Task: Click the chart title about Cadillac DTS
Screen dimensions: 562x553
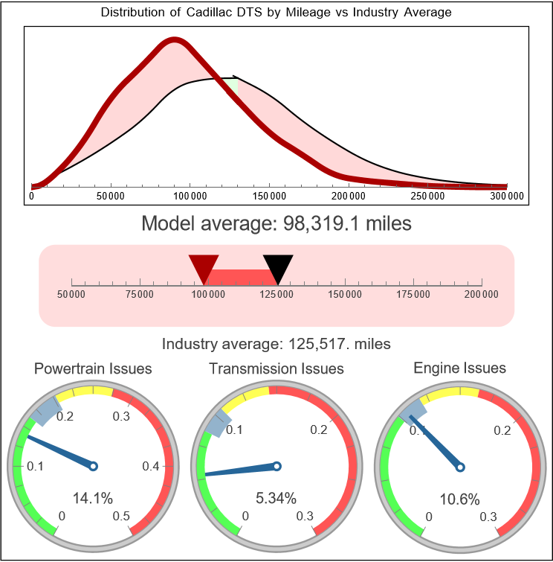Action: tap(276, 13)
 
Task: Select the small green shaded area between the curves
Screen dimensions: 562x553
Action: tap(233, 84)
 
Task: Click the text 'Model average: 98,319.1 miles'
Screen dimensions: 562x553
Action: tap(276, 223)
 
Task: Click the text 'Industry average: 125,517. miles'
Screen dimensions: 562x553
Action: tap(276, 344)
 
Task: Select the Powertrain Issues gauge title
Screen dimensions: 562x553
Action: tap(93, 368)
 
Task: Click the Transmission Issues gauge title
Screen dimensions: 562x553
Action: tap(276, 368)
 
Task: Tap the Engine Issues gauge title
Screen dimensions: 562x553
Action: tap(459, 368)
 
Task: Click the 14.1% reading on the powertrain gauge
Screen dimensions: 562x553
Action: tap(92, 498)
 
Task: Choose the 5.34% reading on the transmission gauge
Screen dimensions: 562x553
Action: tap(276, 498)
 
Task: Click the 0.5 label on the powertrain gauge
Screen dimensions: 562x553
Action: tap(122, 517)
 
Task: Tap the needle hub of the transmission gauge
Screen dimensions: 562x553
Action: tap(276, 466)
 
